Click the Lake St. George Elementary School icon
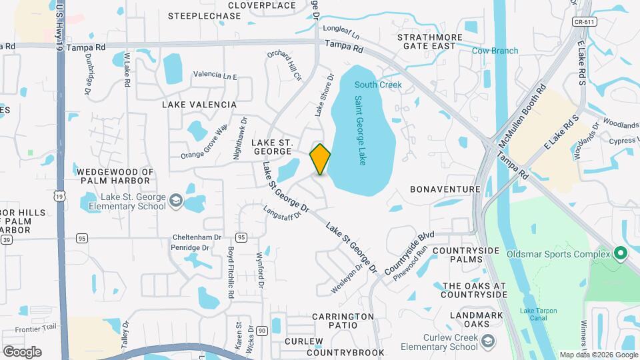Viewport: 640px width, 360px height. (x=175, y=201)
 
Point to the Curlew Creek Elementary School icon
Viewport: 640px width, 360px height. (x=488, y=341)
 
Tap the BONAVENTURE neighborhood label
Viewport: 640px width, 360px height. (x=445, y=189)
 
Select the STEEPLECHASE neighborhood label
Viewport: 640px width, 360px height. (x=205, y=16)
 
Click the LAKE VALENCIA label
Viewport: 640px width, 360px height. (x=199, y=105)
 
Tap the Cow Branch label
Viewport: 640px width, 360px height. (x=495, y=51)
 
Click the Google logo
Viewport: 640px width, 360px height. (x=22, y=351)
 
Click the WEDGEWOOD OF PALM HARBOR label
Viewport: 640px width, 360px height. (x=115, y=177)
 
